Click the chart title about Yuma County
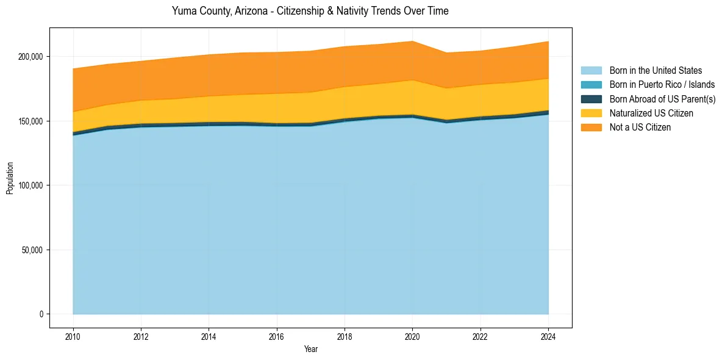point(310,11)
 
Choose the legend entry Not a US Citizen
point(640,127)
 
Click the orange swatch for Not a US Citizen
point(591,127)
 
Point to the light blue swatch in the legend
point(591,71)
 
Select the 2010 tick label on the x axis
point(73,336)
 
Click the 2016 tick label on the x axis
point(277,336)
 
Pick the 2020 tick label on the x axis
point(413,336)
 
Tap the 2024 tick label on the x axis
point(549,336)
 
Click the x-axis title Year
point(310,350)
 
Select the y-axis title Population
point(10,178)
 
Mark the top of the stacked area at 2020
point(413,41)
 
